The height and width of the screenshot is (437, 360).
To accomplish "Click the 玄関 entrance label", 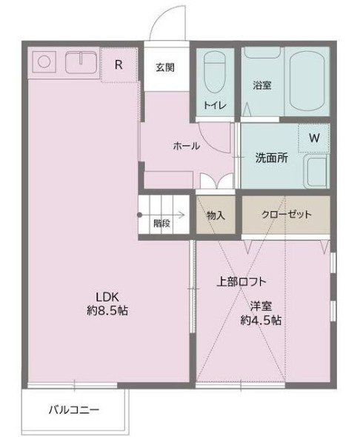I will pos(165,67).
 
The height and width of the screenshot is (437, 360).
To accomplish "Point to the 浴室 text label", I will pos(261,85).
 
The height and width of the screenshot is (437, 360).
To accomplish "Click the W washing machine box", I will pos(314,138).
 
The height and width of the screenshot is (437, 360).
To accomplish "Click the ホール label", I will pos(186,146).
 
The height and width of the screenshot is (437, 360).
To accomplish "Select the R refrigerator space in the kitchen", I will pos(119,64).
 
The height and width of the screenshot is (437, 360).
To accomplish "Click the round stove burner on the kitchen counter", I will pos(42,62).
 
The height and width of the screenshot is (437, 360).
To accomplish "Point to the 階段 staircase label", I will pos(162,222).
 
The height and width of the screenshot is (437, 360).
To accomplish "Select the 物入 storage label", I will pos(216,215).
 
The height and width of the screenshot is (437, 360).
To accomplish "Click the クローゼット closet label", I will pos(286,215).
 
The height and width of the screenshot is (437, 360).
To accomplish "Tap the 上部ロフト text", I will pos(241,281).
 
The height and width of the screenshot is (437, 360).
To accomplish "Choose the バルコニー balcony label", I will pos(73,409).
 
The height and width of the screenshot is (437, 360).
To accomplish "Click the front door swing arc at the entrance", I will pos(164,21).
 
